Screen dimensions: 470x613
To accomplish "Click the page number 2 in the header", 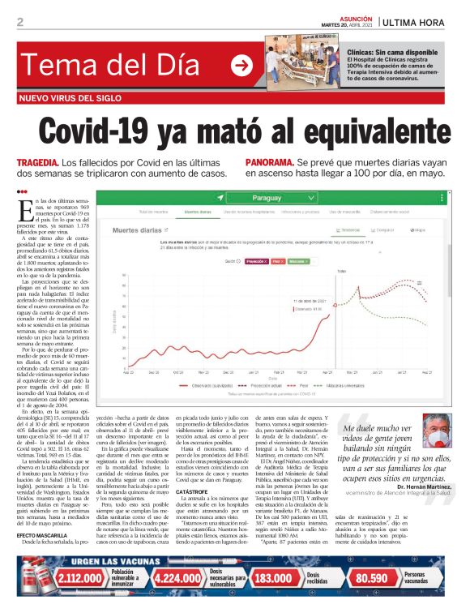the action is pyautogui.click(x=19, y=22).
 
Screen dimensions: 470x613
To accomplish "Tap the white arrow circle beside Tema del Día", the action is pyautogui.click(x=241, y=66).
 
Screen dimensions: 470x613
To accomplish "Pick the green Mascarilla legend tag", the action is pyautogui.click(x=297, y=262).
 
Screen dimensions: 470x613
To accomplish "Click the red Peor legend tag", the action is pyautogui.click(x=276, y=262).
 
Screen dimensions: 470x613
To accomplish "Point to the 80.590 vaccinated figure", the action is pyautogui.click(x=372, y=577).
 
